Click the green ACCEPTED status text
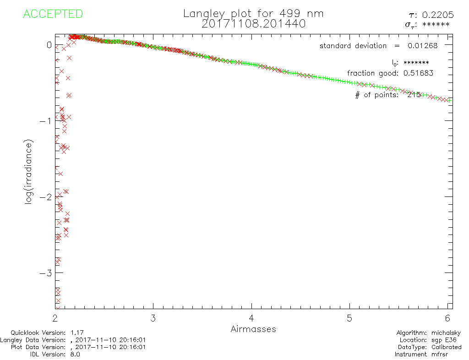tap(53, 14)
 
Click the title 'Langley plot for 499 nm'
tap(253, 13)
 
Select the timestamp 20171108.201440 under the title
tap(253, 23)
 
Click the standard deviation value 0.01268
tap(423, 45)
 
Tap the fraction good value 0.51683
tap(418, 73)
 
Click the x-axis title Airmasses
tap(253, 329)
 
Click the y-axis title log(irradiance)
tap(29, 171)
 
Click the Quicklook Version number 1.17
tap(77, 333)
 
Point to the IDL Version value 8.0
tap(74, 355)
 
